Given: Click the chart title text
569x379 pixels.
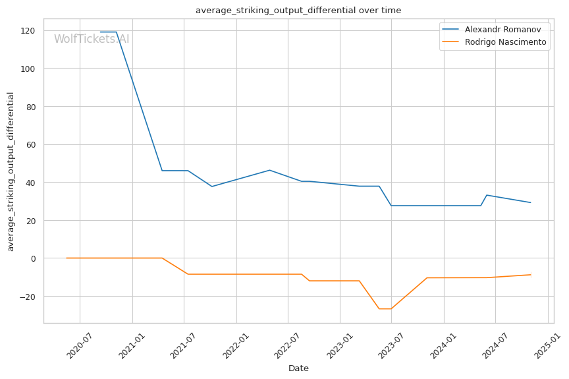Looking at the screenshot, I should click(x=298, y=11).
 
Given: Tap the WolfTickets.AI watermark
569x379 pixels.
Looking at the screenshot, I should click(x=92, y=40).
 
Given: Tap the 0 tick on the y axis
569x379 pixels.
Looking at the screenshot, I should click(x=33, y=258).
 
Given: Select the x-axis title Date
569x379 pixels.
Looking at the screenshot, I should click(x=298, y=368).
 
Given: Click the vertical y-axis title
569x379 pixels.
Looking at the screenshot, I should click(x=11, y=171).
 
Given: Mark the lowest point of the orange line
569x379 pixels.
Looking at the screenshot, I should click(x=385, y=309).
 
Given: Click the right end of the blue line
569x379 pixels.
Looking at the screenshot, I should click(x=531, y=202).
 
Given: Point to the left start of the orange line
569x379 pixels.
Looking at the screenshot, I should click(x=67, y=258).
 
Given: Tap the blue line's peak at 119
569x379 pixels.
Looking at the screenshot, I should click(x=108, y=32).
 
